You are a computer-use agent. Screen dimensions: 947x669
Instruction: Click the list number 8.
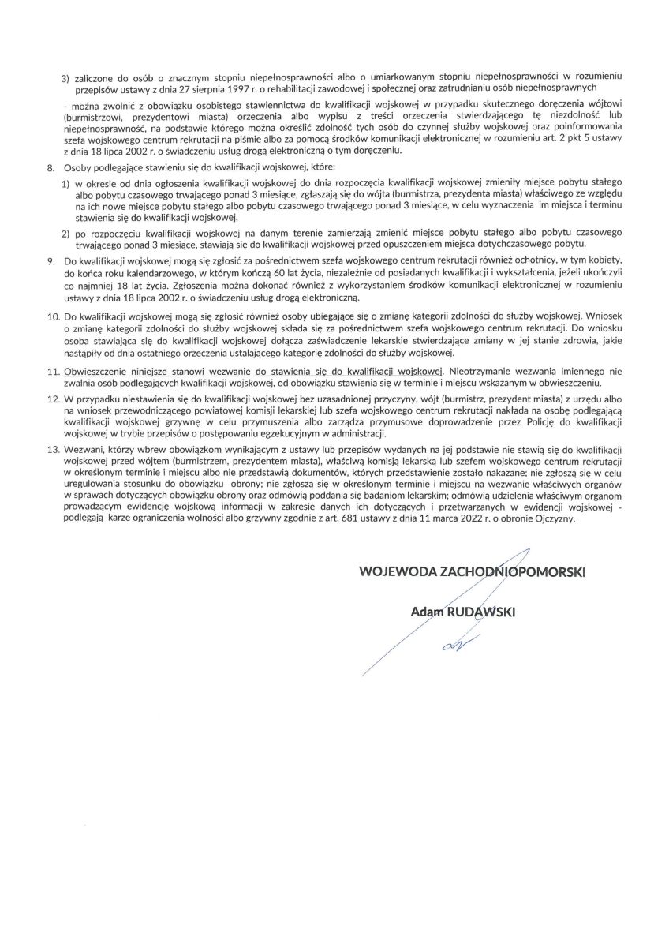[x=50, y=168]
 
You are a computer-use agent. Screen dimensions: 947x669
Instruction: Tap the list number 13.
[x=53, y=447]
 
